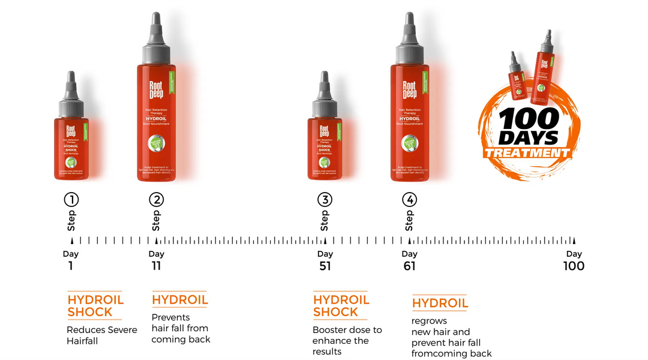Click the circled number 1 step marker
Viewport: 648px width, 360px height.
coord(71,200)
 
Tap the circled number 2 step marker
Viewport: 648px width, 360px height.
coord(156,200)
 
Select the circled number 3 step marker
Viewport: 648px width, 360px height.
coord(325,200)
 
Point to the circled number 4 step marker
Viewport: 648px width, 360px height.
coord(409,200)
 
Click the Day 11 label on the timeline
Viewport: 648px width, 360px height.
coord(156,260)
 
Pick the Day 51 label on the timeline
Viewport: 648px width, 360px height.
coord(325,260)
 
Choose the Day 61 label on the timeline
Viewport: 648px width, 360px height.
coord(409,260)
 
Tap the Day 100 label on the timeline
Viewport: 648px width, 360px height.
coord(574,260)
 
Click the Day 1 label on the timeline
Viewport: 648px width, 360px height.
coord(71,260)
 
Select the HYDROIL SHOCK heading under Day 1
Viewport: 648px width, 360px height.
coord(95,305)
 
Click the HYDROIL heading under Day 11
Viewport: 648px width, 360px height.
coord(179,300)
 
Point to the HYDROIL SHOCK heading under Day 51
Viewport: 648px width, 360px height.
coord(341,305)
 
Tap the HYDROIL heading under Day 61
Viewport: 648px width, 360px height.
coord(440,303)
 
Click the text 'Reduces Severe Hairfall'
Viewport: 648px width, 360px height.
coord(101,335)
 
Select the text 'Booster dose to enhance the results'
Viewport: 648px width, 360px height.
coord(347,340)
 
